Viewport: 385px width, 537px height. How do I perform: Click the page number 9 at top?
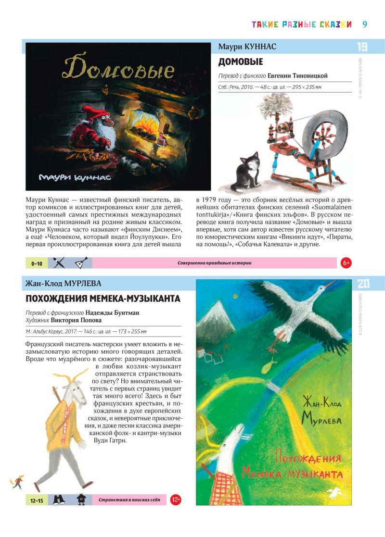click(365, 24)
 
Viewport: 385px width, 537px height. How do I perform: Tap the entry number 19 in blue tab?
click(362, 47)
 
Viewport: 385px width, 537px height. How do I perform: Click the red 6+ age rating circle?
click(346, 263)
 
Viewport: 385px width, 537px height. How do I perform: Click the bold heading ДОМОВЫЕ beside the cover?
click(241, 62)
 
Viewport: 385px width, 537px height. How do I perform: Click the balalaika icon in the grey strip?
click(80, 263)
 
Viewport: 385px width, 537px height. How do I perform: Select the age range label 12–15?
click(37, 500)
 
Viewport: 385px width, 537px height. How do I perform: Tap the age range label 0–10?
click(37, 263)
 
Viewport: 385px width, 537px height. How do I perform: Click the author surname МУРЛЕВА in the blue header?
click(81, 283)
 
